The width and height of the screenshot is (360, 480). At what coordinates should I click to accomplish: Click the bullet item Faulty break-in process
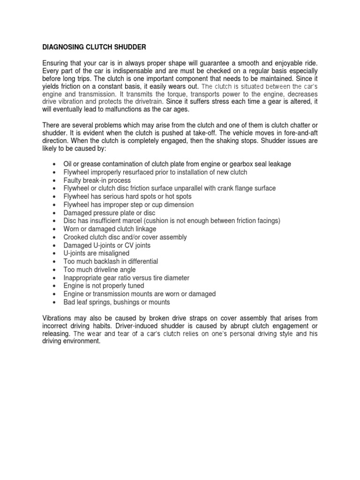click(97, 180)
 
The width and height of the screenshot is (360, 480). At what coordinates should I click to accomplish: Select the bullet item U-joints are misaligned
click(96, 253)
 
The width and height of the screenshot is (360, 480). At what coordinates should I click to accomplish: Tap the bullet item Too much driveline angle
click(99, 270)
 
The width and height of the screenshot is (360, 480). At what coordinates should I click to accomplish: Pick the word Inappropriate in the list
click(82, 278)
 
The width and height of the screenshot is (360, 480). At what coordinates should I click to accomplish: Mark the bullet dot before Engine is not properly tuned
click(55, 286)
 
